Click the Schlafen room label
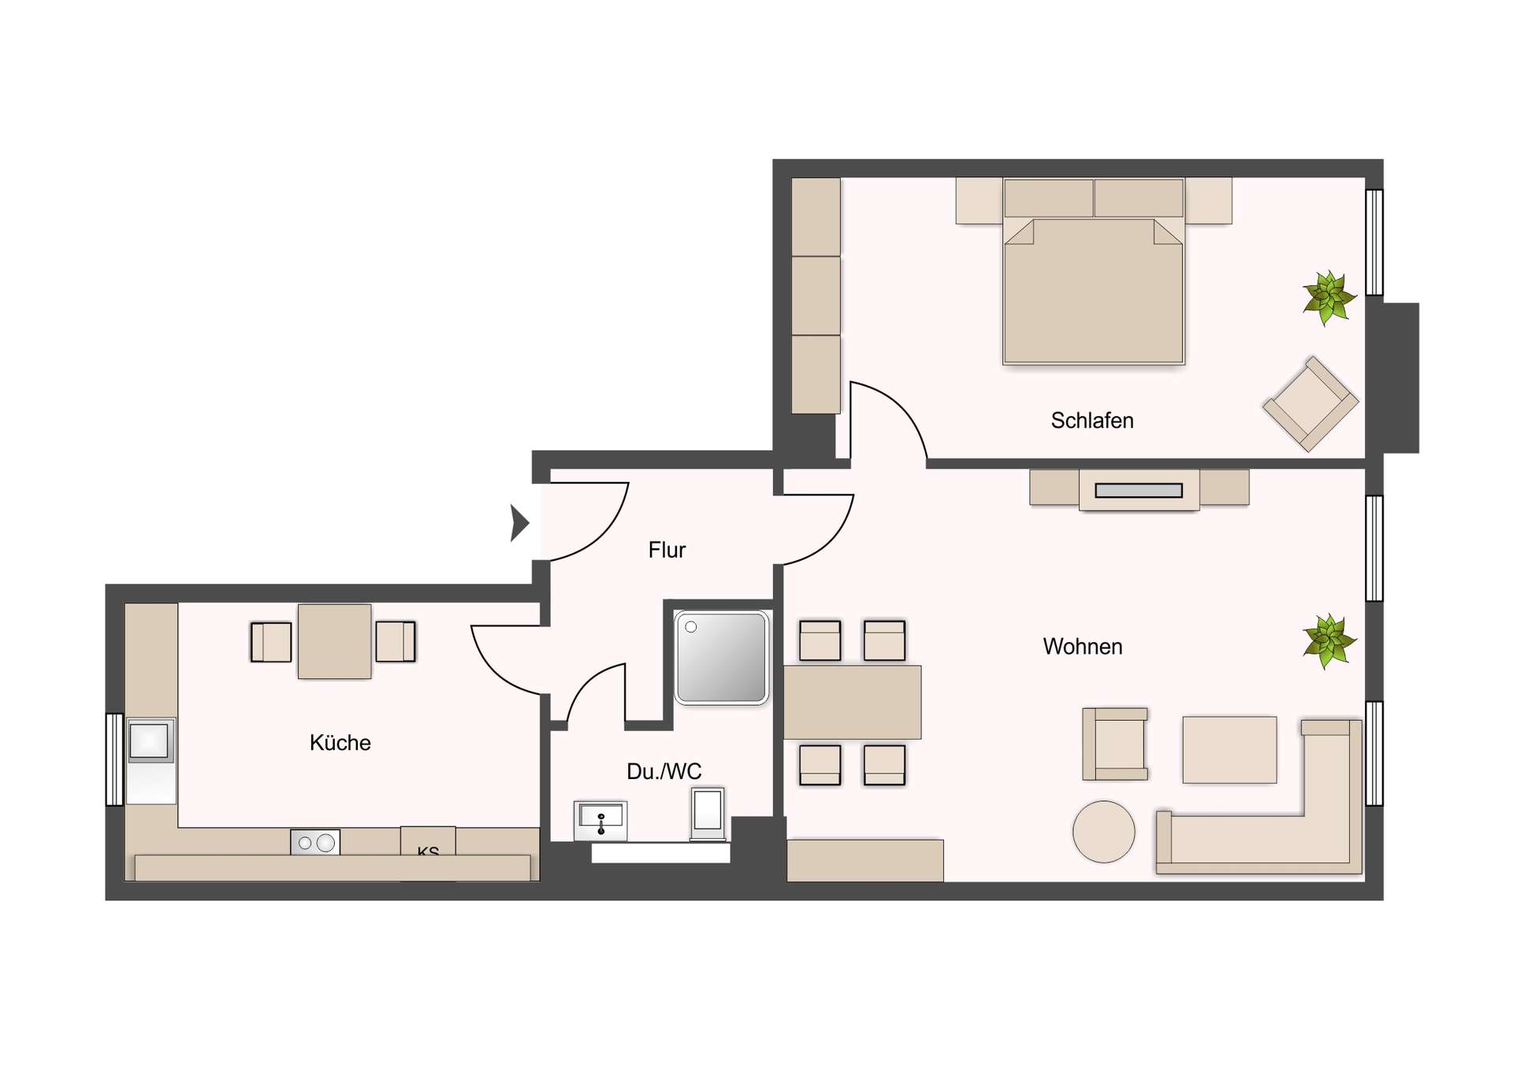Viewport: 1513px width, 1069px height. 1091,421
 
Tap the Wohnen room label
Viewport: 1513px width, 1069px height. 1082,647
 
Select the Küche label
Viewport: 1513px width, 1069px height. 340,743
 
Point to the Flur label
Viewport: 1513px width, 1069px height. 667,550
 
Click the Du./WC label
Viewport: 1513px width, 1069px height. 664,771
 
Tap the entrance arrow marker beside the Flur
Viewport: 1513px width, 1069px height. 519,522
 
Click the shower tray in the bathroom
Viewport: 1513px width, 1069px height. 720,657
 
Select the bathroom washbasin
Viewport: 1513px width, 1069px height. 600,820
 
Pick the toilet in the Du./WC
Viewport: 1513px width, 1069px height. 708,812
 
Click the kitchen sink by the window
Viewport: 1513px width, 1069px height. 150,741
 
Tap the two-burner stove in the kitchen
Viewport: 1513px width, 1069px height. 315,843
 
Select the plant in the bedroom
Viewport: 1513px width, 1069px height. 1329,298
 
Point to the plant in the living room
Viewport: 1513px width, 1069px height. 1329,640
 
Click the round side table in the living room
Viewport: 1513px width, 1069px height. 1103,831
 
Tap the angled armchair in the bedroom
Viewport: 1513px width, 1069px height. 1310,403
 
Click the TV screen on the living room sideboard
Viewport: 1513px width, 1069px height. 1139,491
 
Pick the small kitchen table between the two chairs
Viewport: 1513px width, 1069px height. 334,641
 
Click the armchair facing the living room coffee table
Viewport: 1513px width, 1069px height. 1114,744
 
